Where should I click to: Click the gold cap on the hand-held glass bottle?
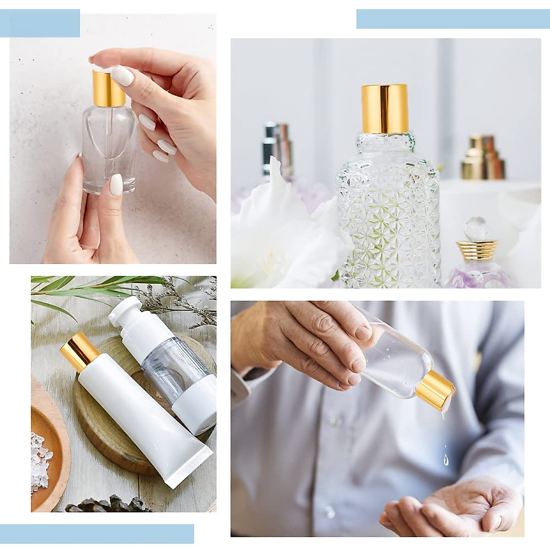108,88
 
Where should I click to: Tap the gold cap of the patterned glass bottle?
384,108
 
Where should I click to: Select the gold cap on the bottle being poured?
435,391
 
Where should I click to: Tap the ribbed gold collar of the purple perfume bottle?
477,247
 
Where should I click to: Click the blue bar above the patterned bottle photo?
452,19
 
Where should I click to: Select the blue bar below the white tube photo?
97,533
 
